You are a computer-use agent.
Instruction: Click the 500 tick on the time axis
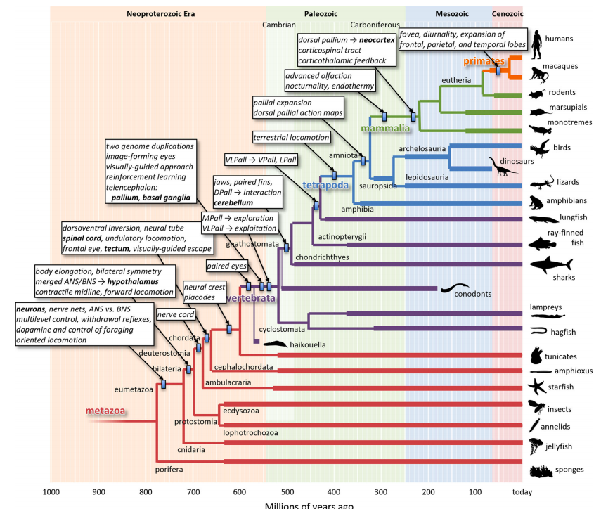point(286,493)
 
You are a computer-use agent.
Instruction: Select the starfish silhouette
point(536,386)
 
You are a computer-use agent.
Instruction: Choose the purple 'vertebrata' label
point(253,298)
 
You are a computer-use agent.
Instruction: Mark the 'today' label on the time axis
point(522,493)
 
